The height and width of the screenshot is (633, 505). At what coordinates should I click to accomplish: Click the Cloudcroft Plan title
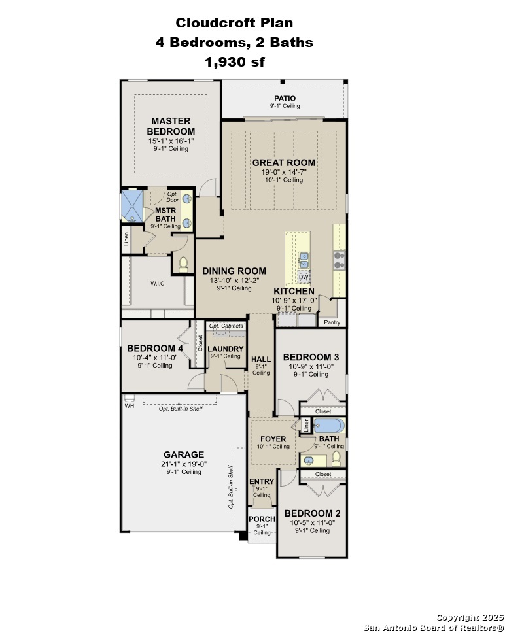point(234,23)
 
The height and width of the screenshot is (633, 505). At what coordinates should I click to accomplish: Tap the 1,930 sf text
point(235,61)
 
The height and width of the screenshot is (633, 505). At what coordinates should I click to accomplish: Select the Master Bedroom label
point(171,126)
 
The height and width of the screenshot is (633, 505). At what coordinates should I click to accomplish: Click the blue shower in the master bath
point(132,205)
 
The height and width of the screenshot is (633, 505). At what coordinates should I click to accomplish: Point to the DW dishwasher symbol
point(304,277)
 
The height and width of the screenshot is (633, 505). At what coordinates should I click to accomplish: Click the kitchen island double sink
point(304,260)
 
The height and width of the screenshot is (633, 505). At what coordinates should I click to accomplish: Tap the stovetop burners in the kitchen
point(339,260)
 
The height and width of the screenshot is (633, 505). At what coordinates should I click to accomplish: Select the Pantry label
point(332,322)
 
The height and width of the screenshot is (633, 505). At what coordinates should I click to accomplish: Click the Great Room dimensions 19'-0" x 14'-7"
point(284,172)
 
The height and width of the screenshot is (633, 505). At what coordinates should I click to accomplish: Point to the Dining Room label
point(234,271)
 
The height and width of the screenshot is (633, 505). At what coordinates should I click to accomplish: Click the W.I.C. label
point(158,284)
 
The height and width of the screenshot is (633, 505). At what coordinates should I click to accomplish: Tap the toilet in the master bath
point(184,264)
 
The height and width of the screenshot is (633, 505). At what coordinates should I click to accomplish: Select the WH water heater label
point(129,405)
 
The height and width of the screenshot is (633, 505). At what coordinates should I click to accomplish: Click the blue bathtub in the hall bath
point(330,426)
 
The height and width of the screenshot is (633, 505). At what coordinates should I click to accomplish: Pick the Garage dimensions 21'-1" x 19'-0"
point(184,464)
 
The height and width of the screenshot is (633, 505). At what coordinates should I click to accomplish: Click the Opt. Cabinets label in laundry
point(226,326)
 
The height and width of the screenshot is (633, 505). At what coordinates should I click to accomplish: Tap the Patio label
point(285,99)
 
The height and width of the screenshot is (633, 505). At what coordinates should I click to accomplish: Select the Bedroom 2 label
point(313,513)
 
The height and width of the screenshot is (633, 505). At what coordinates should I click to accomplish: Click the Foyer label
point(273,439)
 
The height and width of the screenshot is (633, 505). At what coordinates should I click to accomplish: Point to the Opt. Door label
point(173,197)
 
